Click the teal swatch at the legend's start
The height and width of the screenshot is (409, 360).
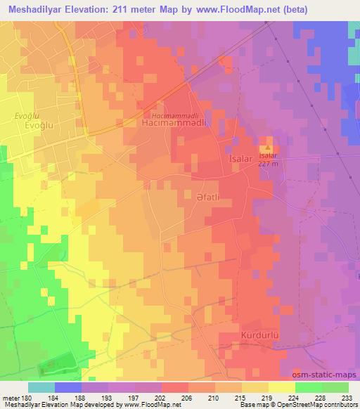click(x=41, y=387)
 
